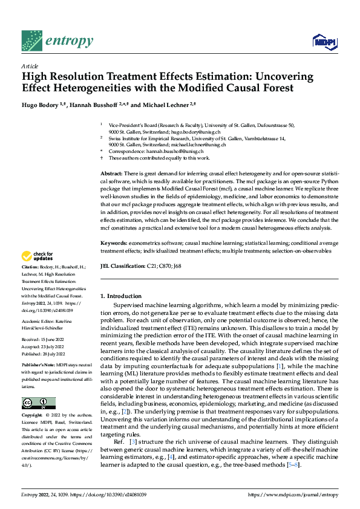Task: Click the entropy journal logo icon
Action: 31,41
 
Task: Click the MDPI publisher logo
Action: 323,41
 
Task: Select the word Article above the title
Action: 30,66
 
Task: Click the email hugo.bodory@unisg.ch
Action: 195,131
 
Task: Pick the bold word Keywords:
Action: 114,242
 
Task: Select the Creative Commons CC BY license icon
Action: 38,403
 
